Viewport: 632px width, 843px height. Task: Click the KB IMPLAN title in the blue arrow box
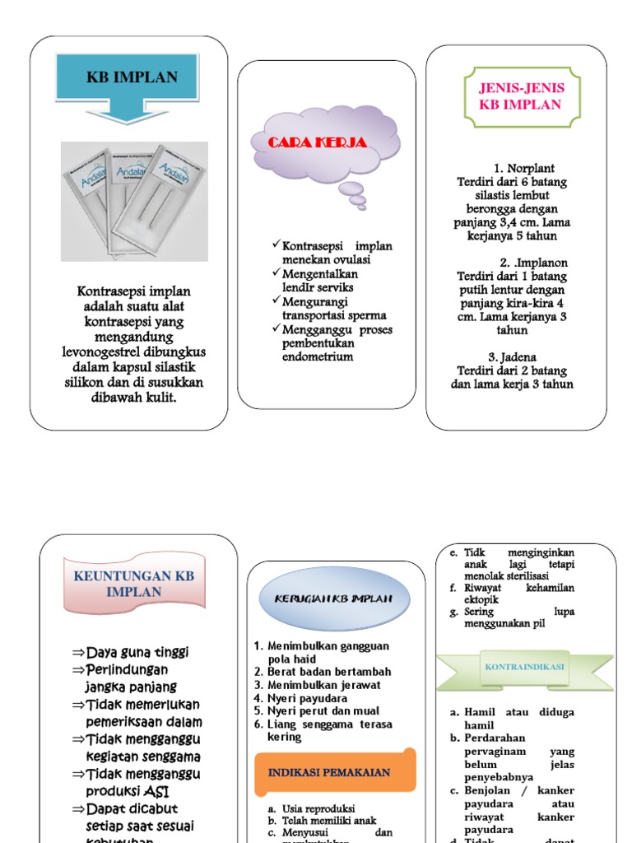132,78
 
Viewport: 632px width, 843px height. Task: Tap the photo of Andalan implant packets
134,198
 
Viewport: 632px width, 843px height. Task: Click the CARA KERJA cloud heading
317,142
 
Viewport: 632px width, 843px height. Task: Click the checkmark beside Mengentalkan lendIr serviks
276,273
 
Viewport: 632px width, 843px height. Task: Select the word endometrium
317,356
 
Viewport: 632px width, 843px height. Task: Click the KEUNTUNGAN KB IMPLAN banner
134,584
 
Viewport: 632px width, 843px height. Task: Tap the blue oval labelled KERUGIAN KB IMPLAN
334,598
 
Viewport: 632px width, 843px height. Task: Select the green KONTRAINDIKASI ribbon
523,668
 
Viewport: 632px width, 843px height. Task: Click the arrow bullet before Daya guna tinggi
78,653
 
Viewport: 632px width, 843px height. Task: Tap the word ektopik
485,599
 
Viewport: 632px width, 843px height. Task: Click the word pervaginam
494,751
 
